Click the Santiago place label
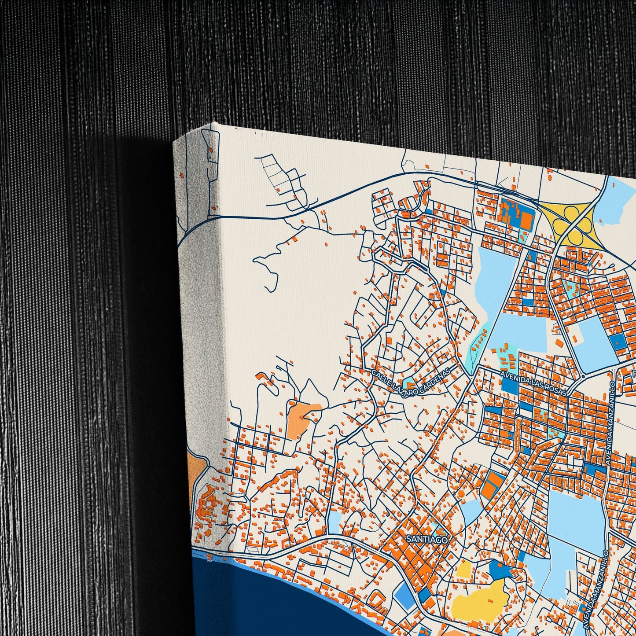[426, 539]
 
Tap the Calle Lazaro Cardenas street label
[412, 382]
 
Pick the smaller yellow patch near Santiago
[464, 570]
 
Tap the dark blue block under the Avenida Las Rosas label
[510, 386]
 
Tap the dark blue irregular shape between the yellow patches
[499, 570]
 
